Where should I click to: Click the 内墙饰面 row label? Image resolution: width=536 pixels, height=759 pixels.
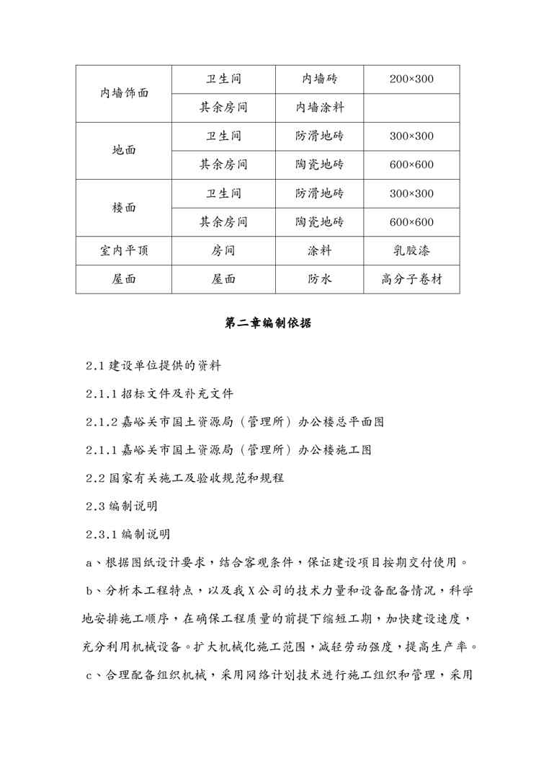(124, 94)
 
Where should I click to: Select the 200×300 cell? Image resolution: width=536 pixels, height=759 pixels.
(411, 79)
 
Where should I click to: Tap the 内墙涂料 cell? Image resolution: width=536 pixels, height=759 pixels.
(319, 108)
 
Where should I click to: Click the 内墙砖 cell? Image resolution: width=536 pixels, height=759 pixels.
(319, 79)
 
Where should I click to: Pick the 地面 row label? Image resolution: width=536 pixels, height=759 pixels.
(124, 151)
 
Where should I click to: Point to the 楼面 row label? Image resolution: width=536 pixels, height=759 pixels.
(124, 208)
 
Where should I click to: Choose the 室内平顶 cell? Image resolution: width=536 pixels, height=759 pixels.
(124, 251)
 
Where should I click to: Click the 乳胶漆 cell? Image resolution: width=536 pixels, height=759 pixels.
(411, 251)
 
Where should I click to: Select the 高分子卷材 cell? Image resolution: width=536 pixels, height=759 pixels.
(411, 280)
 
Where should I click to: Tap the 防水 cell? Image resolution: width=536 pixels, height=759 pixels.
(319, 280)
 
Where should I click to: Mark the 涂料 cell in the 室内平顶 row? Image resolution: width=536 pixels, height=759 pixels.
(319, 251)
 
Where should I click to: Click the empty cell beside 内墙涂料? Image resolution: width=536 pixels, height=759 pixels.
(411, 108)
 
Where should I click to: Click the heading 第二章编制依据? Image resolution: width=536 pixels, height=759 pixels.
(268, 324)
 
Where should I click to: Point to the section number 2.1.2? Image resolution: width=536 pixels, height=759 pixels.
(102, 421)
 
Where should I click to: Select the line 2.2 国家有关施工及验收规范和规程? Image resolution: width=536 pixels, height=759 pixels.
(185, 478)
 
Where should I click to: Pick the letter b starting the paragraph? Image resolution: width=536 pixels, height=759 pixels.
(89, 590)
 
